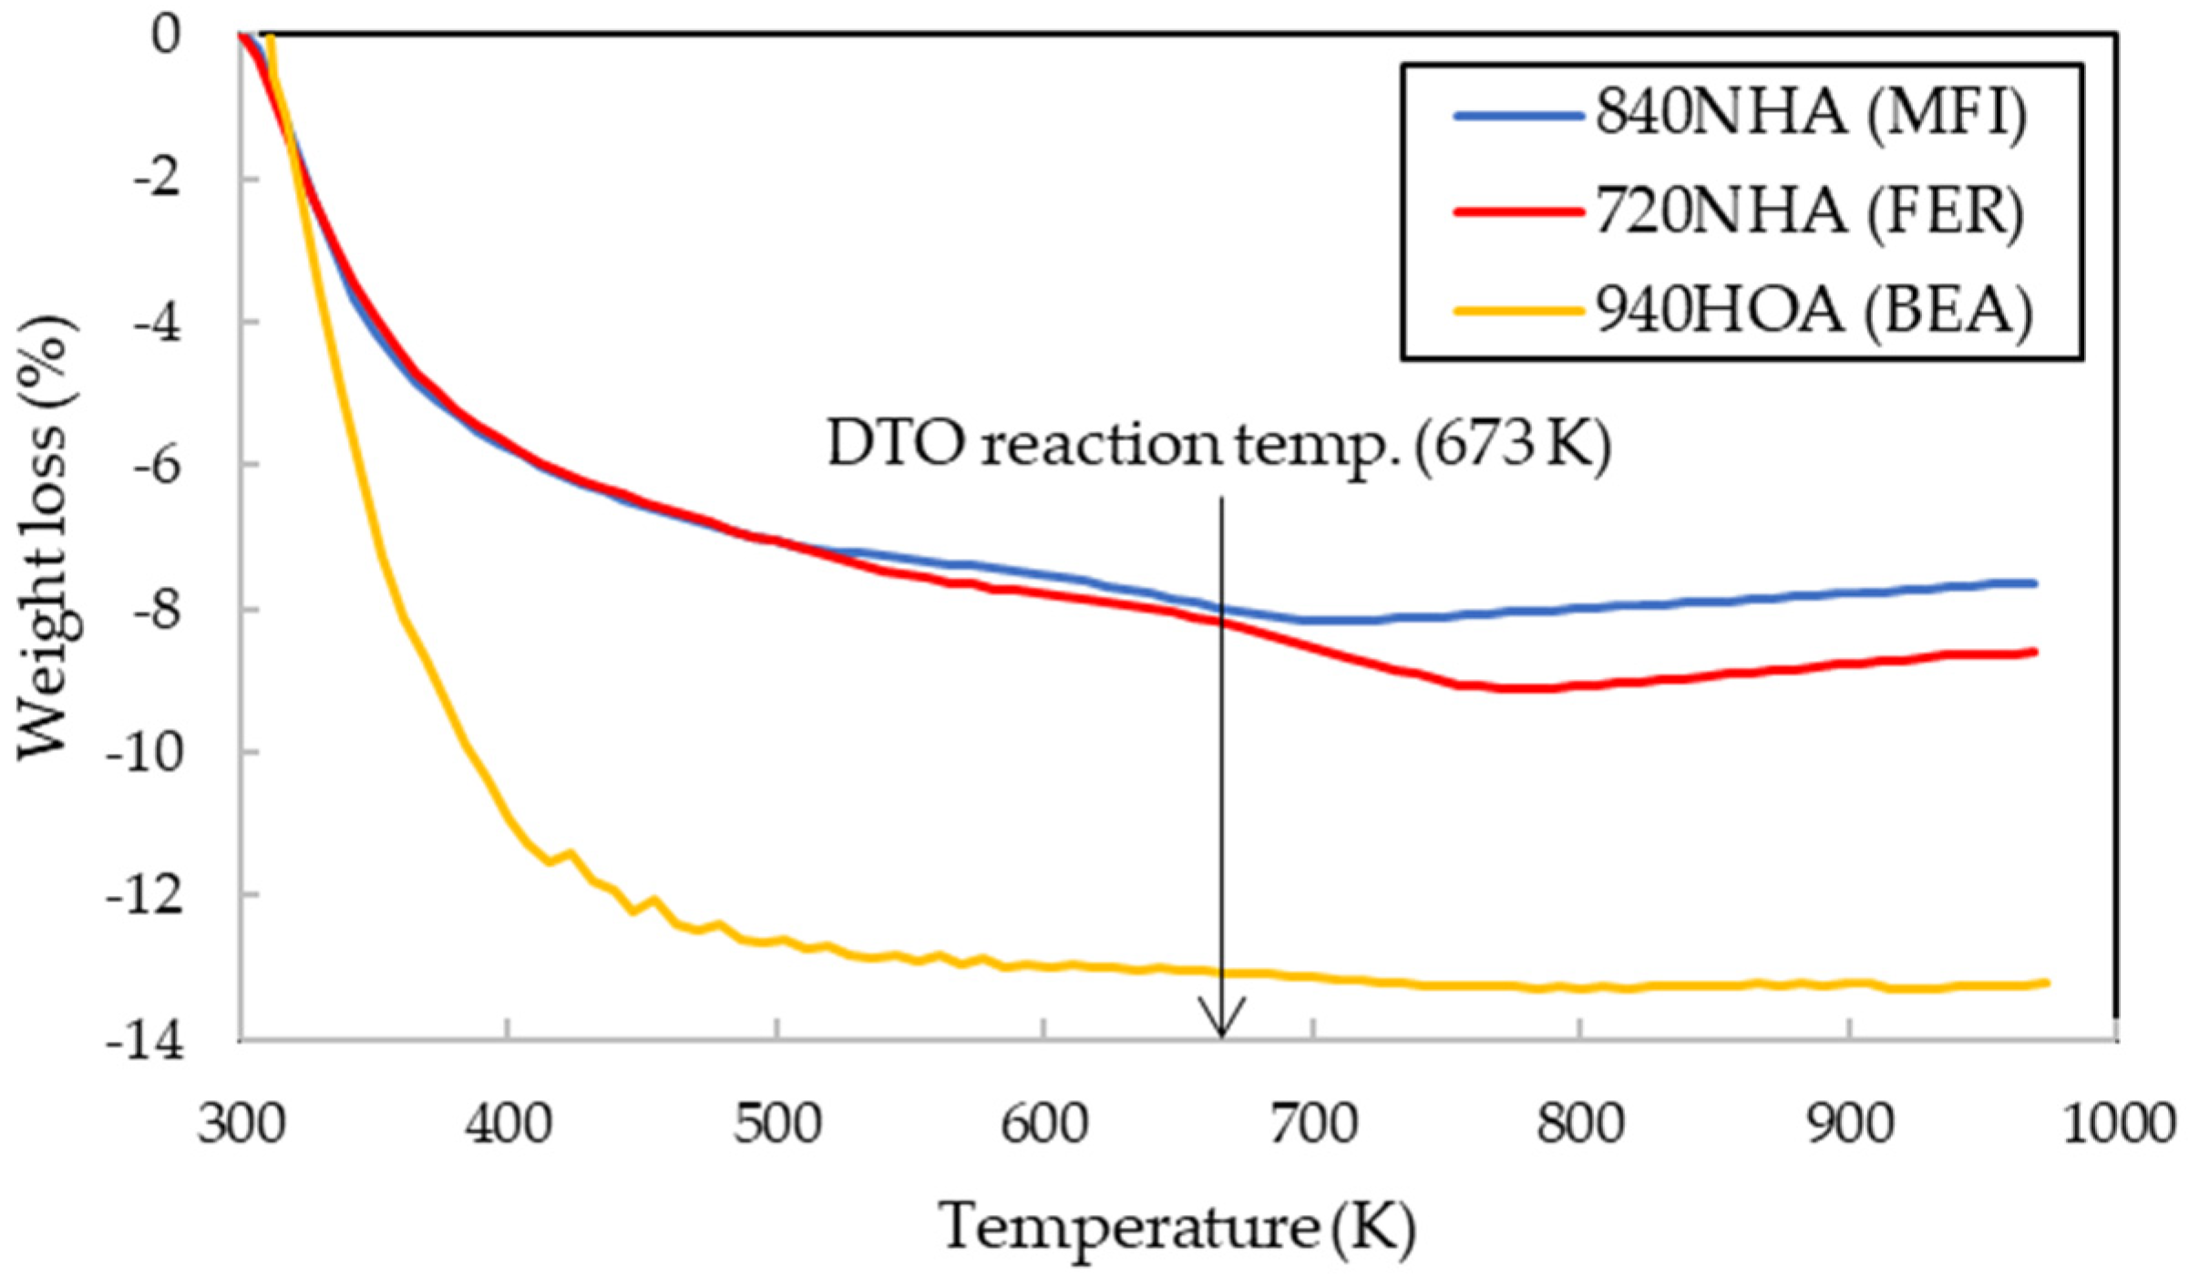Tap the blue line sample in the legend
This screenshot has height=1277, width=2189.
point(1518,116)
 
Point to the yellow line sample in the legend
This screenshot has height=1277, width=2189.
point(1518,311)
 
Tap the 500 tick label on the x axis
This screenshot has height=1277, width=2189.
point(777,1124)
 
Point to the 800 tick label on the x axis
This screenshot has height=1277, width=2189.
point(1580,1124)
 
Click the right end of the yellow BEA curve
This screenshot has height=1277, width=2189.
point(2047,983)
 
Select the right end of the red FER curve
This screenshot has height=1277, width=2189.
point(2035,651)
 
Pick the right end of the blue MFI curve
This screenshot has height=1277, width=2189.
point(2035,583)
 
